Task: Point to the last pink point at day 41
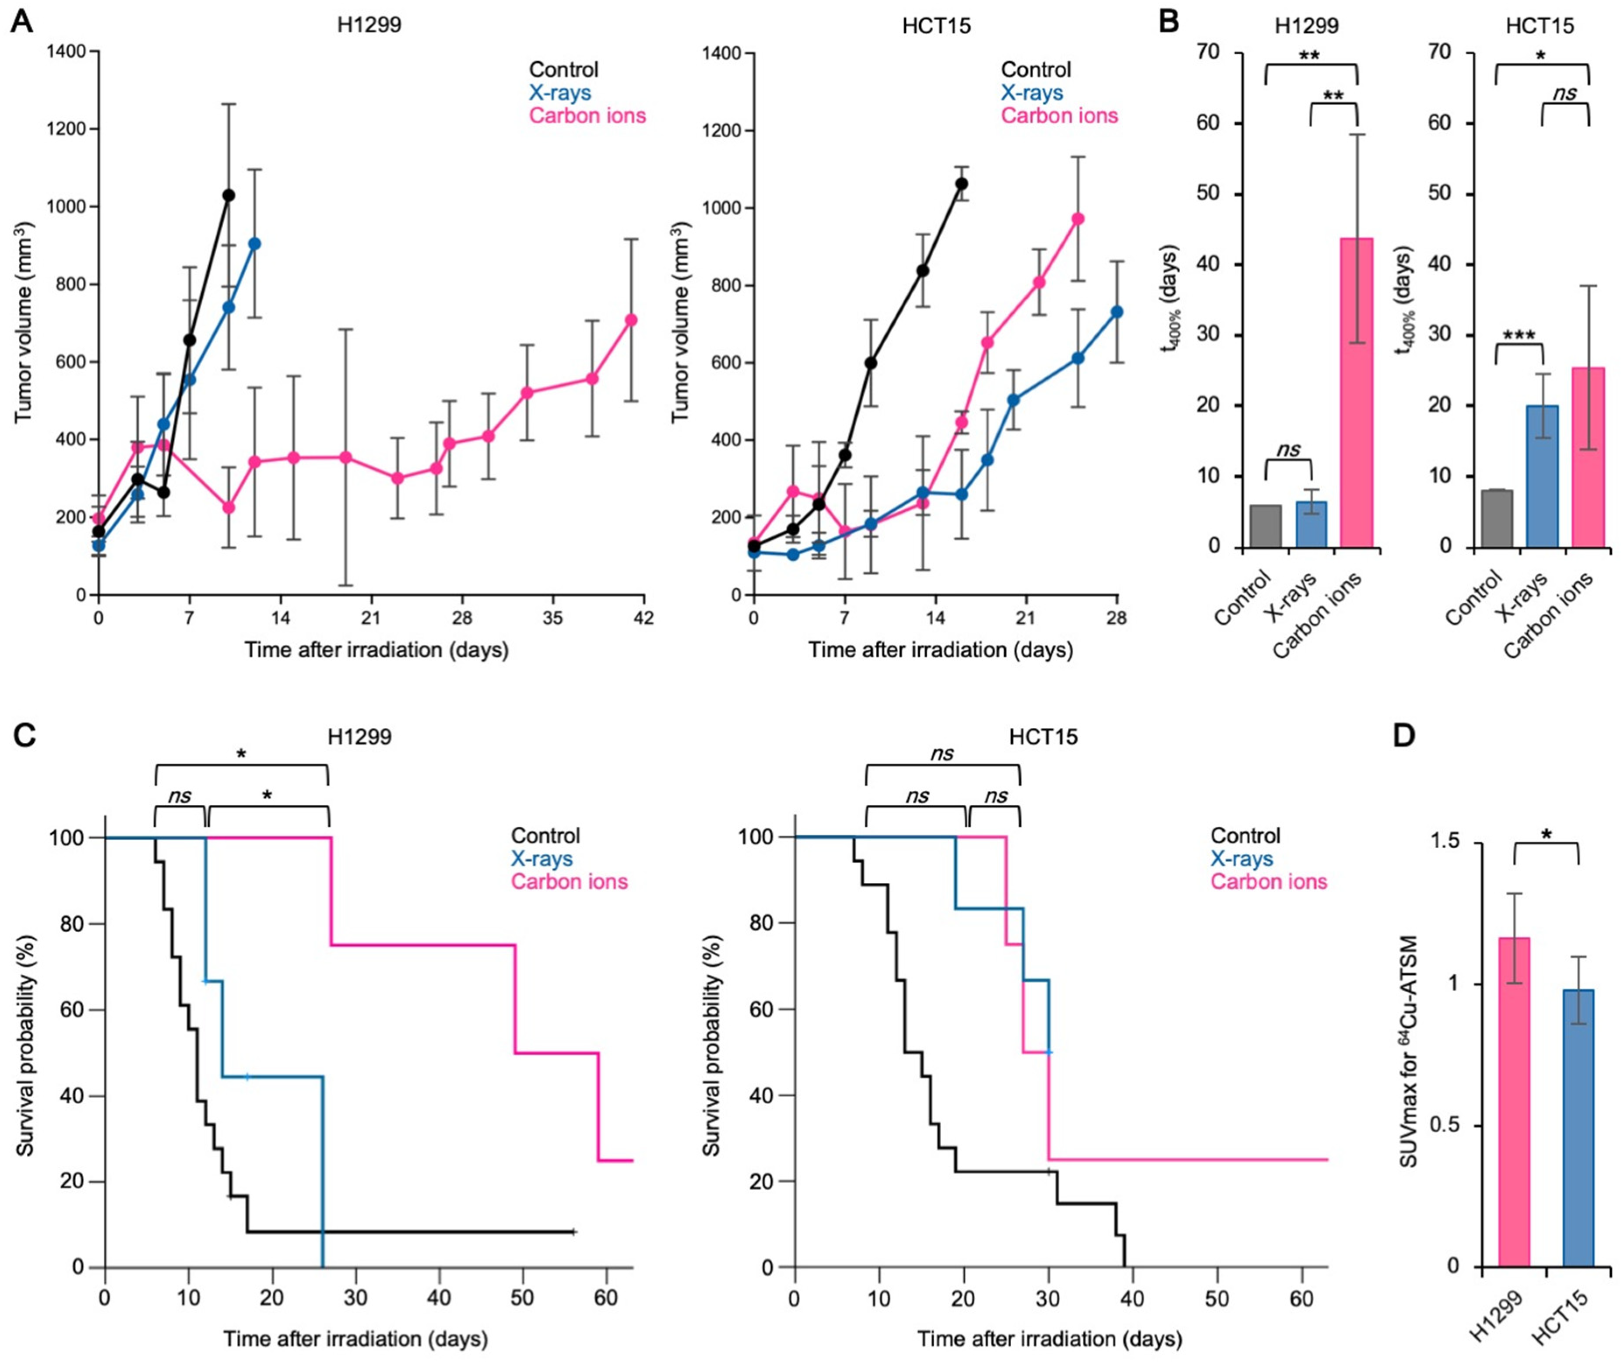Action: pos(631,320)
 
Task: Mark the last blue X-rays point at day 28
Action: pos(1117,312)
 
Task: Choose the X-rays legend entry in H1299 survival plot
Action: pos(541,859)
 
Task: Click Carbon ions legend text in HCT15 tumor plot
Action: pos(1059,116)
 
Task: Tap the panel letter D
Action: pos(1403,736)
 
